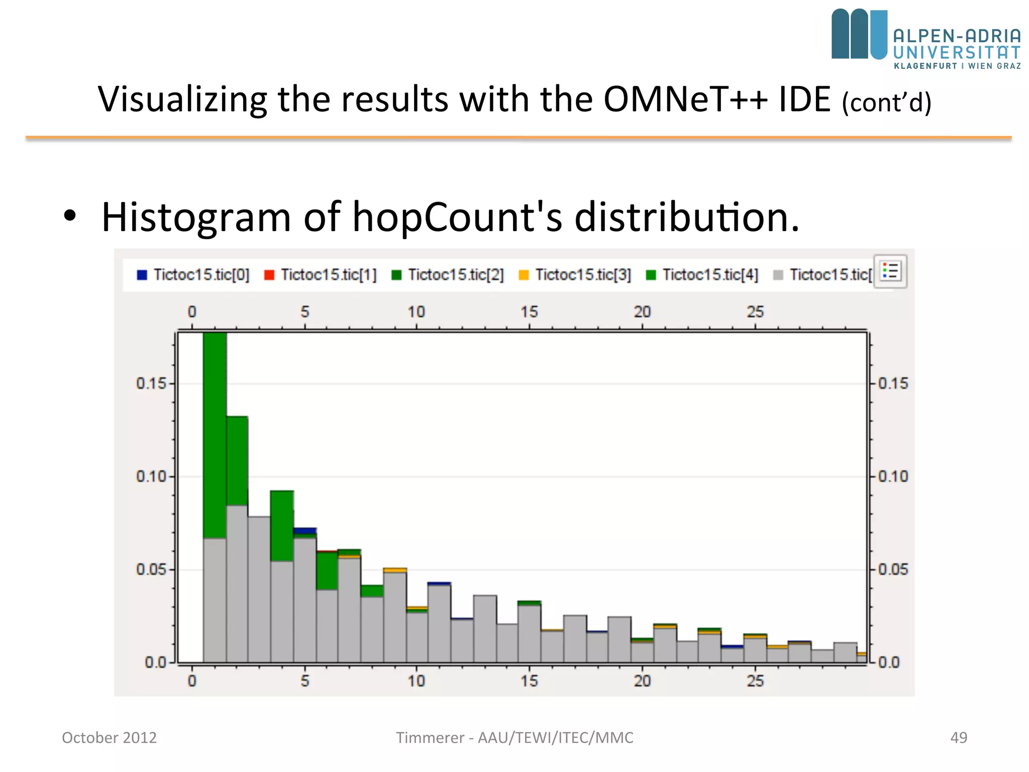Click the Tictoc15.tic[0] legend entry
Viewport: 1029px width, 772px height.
click(193, 275)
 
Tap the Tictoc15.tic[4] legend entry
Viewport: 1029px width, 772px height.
click(702, 275)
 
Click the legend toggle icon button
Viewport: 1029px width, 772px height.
click(890, 272)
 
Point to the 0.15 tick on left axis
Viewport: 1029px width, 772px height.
click(151, 383)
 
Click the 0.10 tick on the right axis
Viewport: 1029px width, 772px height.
click(893, 476)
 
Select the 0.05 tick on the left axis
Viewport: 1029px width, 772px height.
click(151, 569)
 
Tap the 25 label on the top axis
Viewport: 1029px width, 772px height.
click(755, 312)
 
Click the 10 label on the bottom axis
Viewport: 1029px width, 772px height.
click(416, 681)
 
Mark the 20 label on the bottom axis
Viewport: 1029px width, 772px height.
click(642, 681)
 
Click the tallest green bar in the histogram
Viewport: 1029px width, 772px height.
click(215, 435)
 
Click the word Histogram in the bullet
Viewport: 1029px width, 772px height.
click(196, 217)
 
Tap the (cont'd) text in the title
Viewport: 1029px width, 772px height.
click(886, 103)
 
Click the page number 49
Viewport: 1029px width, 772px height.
click(959, 737)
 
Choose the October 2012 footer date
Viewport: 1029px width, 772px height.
click(109, 737)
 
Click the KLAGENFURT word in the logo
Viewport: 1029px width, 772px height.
click(925, 66)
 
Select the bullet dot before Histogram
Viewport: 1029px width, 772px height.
click(70, 216)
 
